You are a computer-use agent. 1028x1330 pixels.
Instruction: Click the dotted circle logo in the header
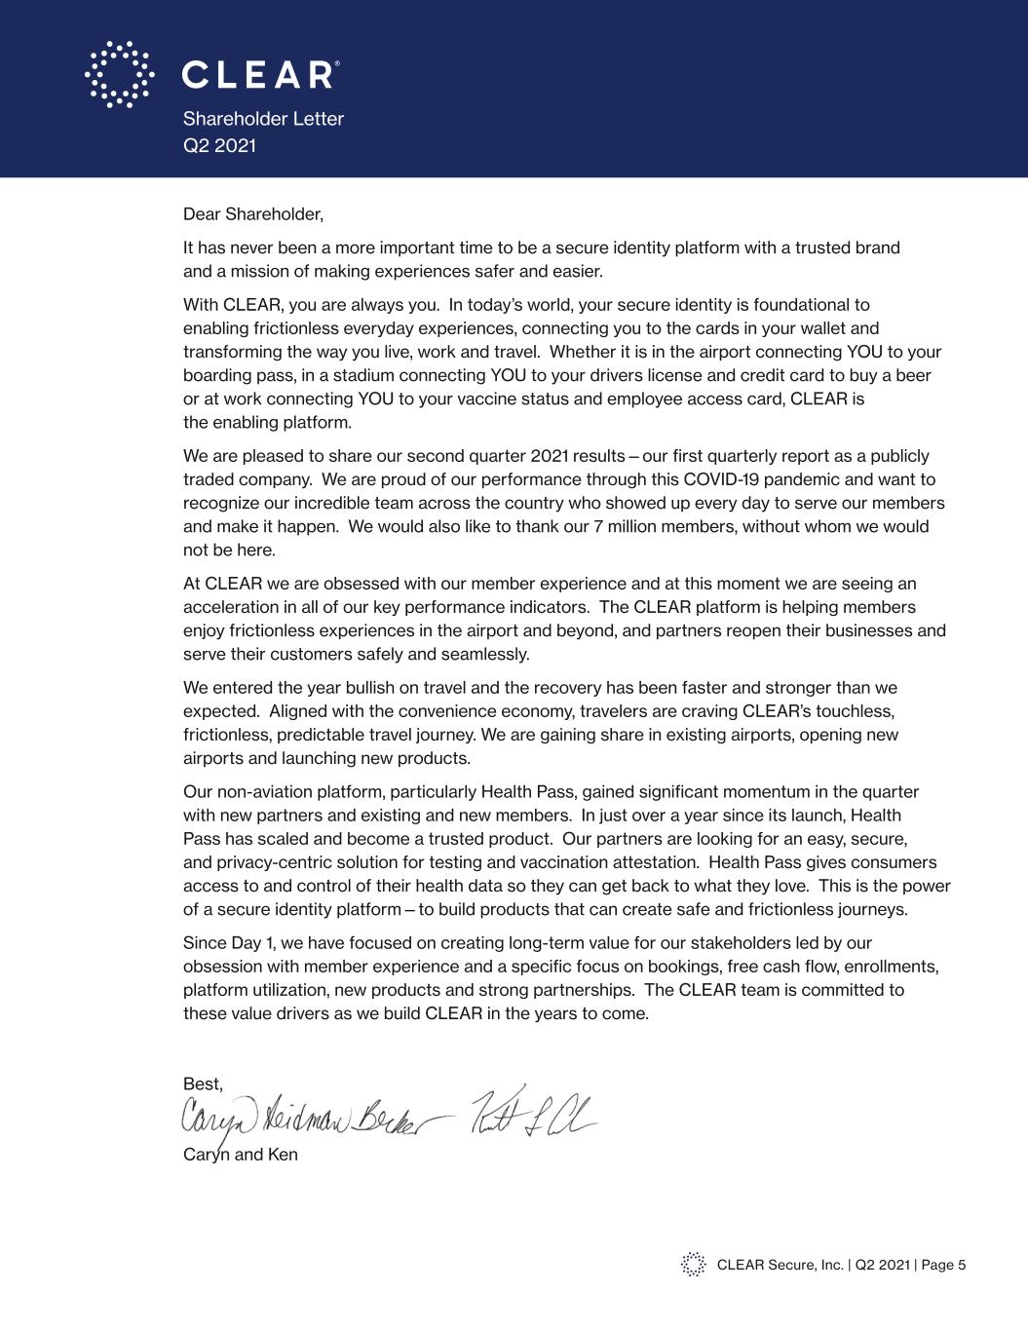120,74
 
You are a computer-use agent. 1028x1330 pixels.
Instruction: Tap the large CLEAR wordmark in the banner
259,75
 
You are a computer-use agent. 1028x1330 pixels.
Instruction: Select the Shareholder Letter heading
263,119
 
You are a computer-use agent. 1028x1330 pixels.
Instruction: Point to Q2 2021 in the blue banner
219,145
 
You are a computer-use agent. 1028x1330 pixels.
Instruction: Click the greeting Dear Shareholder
252,213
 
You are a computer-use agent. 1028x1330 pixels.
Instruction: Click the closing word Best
203,1083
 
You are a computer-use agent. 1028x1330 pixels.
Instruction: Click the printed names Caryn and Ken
240,1155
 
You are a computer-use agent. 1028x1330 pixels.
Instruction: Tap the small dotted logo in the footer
693,1265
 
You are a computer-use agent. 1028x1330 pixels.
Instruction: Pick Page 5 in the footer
942,1265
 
